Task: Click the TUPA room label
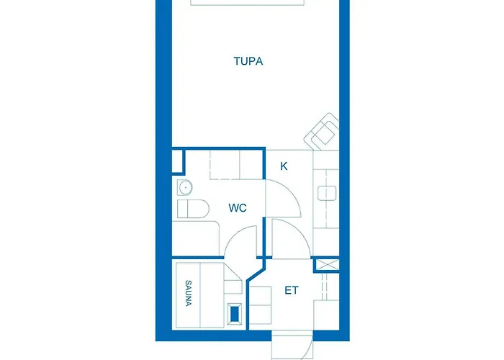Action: pyautogui.click(x=248, y=61)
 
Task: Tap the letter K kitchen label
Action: pyautogui.click(x=284, y=166)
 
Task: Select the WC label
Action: pyautogui.click(x=238, y=208)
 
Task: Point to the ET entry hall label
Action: pyautogui.click(x=291, y=290)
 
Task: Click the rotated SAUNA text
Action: pyautogui.click(x=189, y=293)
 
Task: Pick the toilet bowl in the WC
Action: pyautogui.click(x=192, y=210)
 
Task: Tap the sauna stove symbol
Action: pyautogui.click(x=235, y=314)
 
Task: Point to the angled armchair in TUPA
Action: pyautogui.click(x=323, y=133)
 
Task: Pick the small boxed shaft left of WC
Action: pyautogui.click(x=177, y=161)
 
